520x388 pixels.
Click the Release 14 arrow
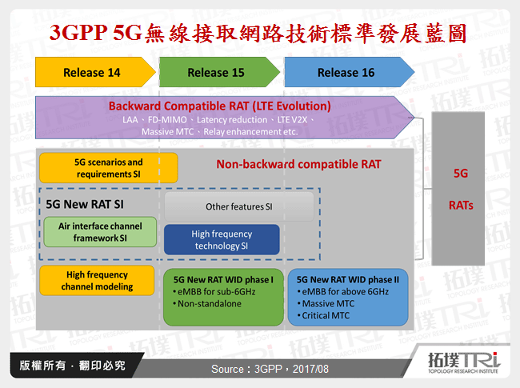point(92,73)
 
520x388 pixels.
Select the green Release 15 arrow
point(216,73)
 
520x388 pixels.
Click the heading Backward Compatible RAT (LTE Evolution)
point(220,106)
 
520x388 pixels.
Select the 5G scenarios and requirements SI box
point(109,168)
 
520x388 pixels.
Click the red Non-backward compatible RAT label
point(298,165)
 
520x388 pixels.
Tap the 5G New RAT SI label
point(85,204)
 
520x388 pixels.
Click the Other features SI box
point(239,206)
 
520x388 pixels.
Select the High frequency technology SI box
point(222,240)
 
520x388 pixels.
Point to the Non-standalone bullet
point(204,305)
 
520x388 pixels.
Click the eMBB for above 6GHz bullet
point(346,292)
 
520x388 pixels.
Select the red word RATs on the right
point(461,205)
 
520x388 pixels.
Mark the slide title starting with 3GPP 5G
point(260,33)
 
